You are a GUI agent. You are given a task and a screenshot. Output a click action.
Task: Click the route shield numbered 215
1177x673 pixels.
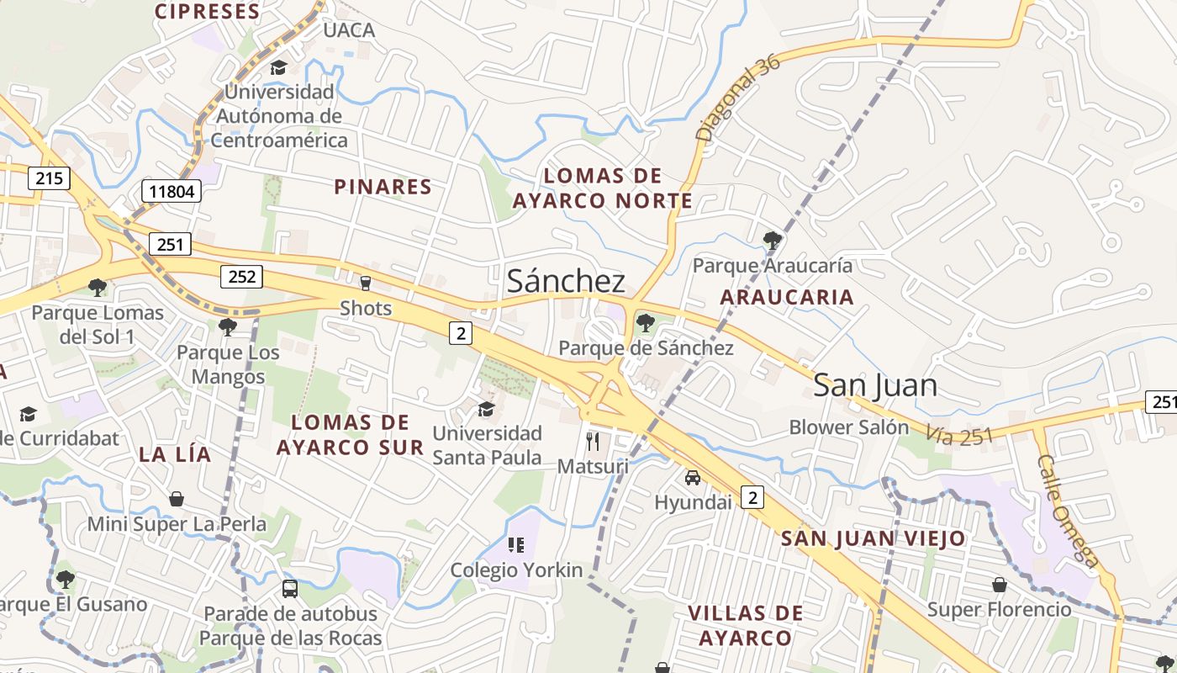coord(49,178)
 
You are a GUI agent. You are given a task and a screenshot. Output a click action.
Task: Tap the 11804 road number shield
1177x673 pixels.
coord(172,191)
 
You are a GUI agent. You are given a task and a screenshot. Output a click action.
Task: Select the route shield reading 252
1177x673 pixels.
coord(241,276)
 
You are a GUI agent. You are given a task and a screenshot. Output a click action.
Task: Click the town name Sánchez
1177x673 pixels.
coord(566,282)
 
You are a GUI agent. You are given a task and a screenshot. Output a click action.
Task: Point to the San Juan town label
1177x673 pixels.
coord(874,385)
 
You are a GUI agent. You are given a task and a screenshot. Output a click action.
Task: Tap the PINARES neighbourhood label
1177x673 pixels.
coord(383,187)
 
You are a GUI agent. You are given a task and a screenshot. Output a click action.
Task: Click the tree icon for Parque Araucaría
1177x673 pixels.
coord(772,241)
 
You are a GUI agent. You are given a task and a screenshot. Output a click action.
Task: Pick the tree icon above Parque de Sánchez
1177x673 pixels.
coord(645,322)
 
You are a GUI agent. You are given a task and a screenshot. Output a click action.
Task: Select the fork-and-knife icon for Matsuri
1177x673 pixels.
coord(593,441)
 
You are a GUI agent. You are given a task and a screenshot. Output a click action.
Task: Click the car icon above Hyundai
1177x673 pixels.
coord(693,478)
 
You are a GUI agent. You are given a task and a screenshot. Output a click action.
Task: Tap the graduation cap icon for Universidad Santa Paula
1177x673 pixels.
coord(486,410)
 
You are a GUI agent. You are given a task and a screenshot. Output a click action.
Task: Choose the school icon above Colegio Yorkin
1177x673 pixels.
coord(516,545)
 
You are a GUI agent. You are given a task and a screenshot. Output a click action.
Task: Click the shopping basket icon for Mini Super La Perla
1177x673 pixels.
coord(177,499)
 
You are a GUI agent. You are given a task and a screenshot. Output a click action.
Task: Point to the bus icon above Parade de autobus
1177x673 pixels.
coord(290,588)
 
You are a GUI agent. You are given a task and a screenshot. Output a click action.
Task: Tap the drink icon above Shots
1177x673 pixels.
coord(366,283)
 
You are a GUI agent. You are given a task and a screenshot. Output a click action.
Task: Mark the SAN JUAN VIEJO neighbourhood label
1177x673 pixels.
coord(874,538)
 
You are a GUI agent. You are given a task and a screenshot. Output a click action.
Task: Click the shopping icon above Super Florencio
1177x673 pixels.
coord(1000,584)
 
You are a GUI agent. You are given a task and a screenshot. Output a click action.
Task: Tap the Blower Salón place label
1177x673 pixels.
coord(849,427)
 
